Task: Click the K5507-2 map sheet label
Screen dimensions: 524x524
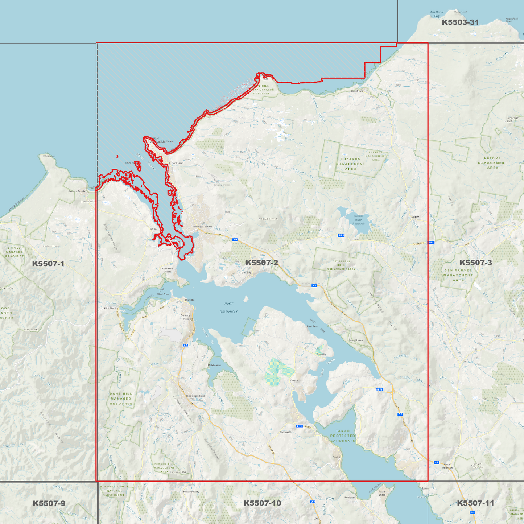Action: (x=261, y=263)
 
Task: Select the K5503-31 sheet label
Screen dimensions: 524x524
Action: (x=460, y=22)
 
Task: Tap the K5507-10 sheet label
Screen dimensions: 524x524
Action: (x=262, y=503)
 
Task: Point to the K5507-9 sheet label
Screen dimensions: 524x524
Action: (x=49, y=503)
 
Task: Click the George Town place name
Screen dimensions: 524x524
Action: (x=202, y=227)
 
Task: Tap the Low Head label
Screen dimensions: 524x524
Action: (x=176, y=163)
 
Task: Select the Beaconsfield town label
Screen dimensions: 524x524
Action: (x=195, y=396)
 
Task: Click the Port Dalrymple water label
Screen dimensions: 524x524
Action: (x=229, y=308)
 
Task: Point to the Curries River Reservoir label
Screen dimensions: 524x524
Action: (x=358, y=220)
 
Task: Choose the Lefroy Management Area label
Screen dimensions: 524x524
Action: (x=492, y=163)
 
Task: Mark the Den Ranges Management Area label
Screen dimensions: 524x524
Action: (x=458, y=275)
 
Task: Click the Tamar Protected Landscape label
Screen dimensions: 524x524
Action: (x=343, y=436)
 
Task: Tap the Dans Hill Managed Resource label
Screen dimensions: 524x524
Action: (x=121, y=399)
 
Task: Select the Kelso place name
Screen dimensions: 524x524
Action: (x=153, y=229)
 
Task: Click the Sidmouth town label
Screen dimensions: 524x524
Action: (x=286, y=432)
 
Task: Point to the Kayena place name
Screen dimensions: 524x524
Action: (x=294, y=380)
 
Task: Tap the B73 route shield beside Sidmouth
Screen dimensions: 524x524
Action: (x=299, y=426)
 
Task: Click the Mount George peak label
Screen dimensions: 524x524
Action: (x=269, y=219)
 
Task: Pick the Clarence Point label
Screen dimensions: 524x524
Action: (x=168, y=270)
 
